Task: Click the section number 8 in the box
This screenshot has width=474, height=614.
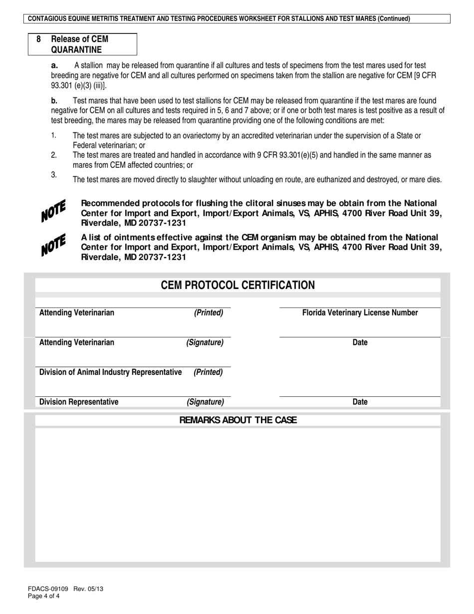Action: (38, 39)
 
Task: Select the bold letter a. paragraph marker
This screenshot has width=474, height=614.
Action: (54, 65)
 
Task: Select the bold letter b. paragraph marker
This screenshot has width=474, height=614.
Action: (54, 101)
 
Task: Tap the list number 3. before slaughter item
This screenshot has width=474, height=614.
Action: (54, 174)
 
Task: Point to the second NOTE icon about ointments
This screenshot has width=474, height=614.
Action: (53, 245)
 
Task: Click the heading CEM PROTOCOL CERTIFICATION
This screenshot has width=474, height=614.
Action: (237, 285)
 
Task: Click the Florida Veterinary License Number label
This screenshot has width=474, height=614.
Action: (360, 313)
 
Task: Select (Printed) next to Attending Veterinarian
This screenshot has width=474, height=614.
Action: (209, 313)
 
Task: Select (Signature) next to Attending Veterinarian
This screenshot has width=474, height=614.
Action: (205, 342)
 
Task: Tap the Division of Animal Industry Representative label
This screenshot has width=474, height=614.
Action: (110, 372)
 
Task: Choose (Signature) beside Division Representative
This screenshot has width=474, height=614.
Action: (205, 402)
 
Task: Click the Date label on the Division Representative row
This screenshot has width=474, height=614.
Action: (360, 402)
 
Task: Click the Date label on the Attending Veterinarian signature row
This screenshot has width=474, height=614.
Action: (360, 342)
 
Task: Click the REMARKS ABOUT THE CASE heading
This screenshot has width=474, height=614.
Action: (237, 420)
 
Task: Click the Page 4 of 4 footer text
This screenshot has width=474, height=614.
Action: (44, 596)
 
